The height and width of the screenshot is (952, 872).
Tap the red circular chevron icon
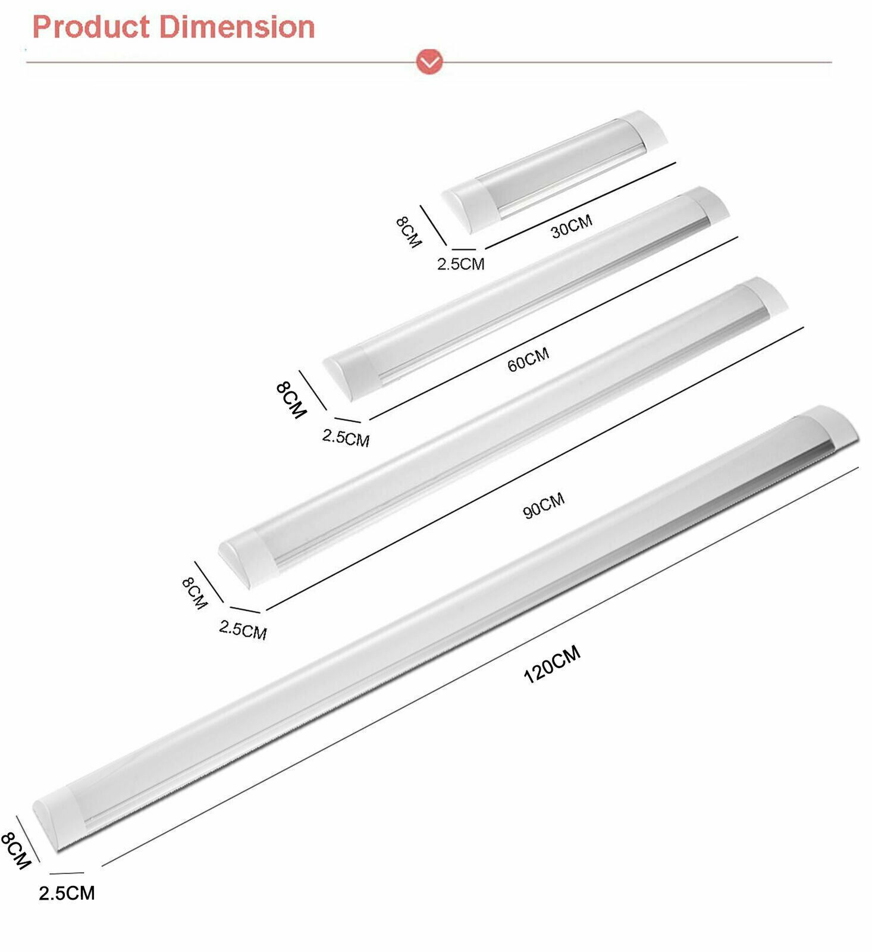(x=429, y=61)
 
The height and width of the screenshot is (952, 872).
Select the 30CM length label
(x=571, y=226)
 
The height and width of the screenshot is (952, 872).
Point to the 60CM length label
(x=528, y=359)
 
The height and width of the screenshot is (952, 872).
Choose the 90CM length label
(x=544, y=505)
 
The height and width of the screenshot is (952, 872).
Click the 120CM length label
(x=552, y=664)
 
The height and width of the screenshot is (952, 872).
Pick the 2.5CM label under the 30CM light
(x=461, y=264)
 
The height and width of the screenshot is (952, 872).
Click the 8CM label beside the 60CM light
(x=291, y=400)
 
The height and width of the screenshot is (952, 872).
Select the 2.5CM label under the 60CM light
(x=346, y=438)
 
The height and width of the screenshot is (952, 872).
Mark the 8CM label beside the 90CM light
(x=195, y=593)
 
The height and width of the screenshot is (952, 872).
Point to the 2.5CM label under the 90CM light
(x=243, y=630)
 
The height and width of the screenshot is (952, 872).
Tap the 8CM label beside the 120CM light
(x=15, y=850)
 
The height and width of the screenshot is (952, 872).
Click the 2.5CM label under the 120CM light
(x=67, y=893)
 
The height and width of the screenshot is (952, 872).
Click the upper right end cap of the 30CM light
(x=648, y=127)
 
